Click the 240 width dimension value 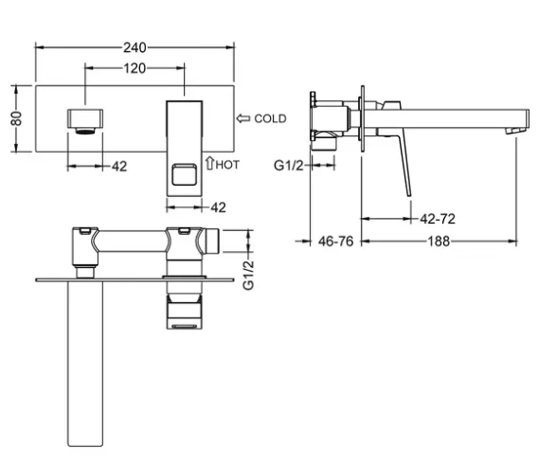(134, 47)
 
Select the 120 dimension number (134, 68)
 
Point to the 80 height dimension (16, 118)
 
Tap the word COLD (270, 118)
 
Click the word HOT (227, 165)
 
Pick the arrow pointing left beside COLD (243, 118)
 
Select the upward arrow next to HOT (209, 163)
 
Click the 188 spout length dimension (439, 242)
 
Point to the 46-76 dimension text (335, 242)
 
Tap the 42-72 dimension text (438, 219)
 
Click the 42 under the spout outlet (119, 167)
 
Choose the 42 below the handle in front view (218, 207)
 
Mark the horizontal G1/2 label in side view (289, 166)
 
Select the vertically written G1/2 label (248, 276)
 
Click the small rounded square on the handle (185, 174)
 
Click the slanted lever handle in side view (404, 165)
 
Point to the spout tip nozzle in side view (515, 131)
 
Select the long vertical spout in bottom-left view (85, 363)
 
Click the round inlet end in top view (212, 241)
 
